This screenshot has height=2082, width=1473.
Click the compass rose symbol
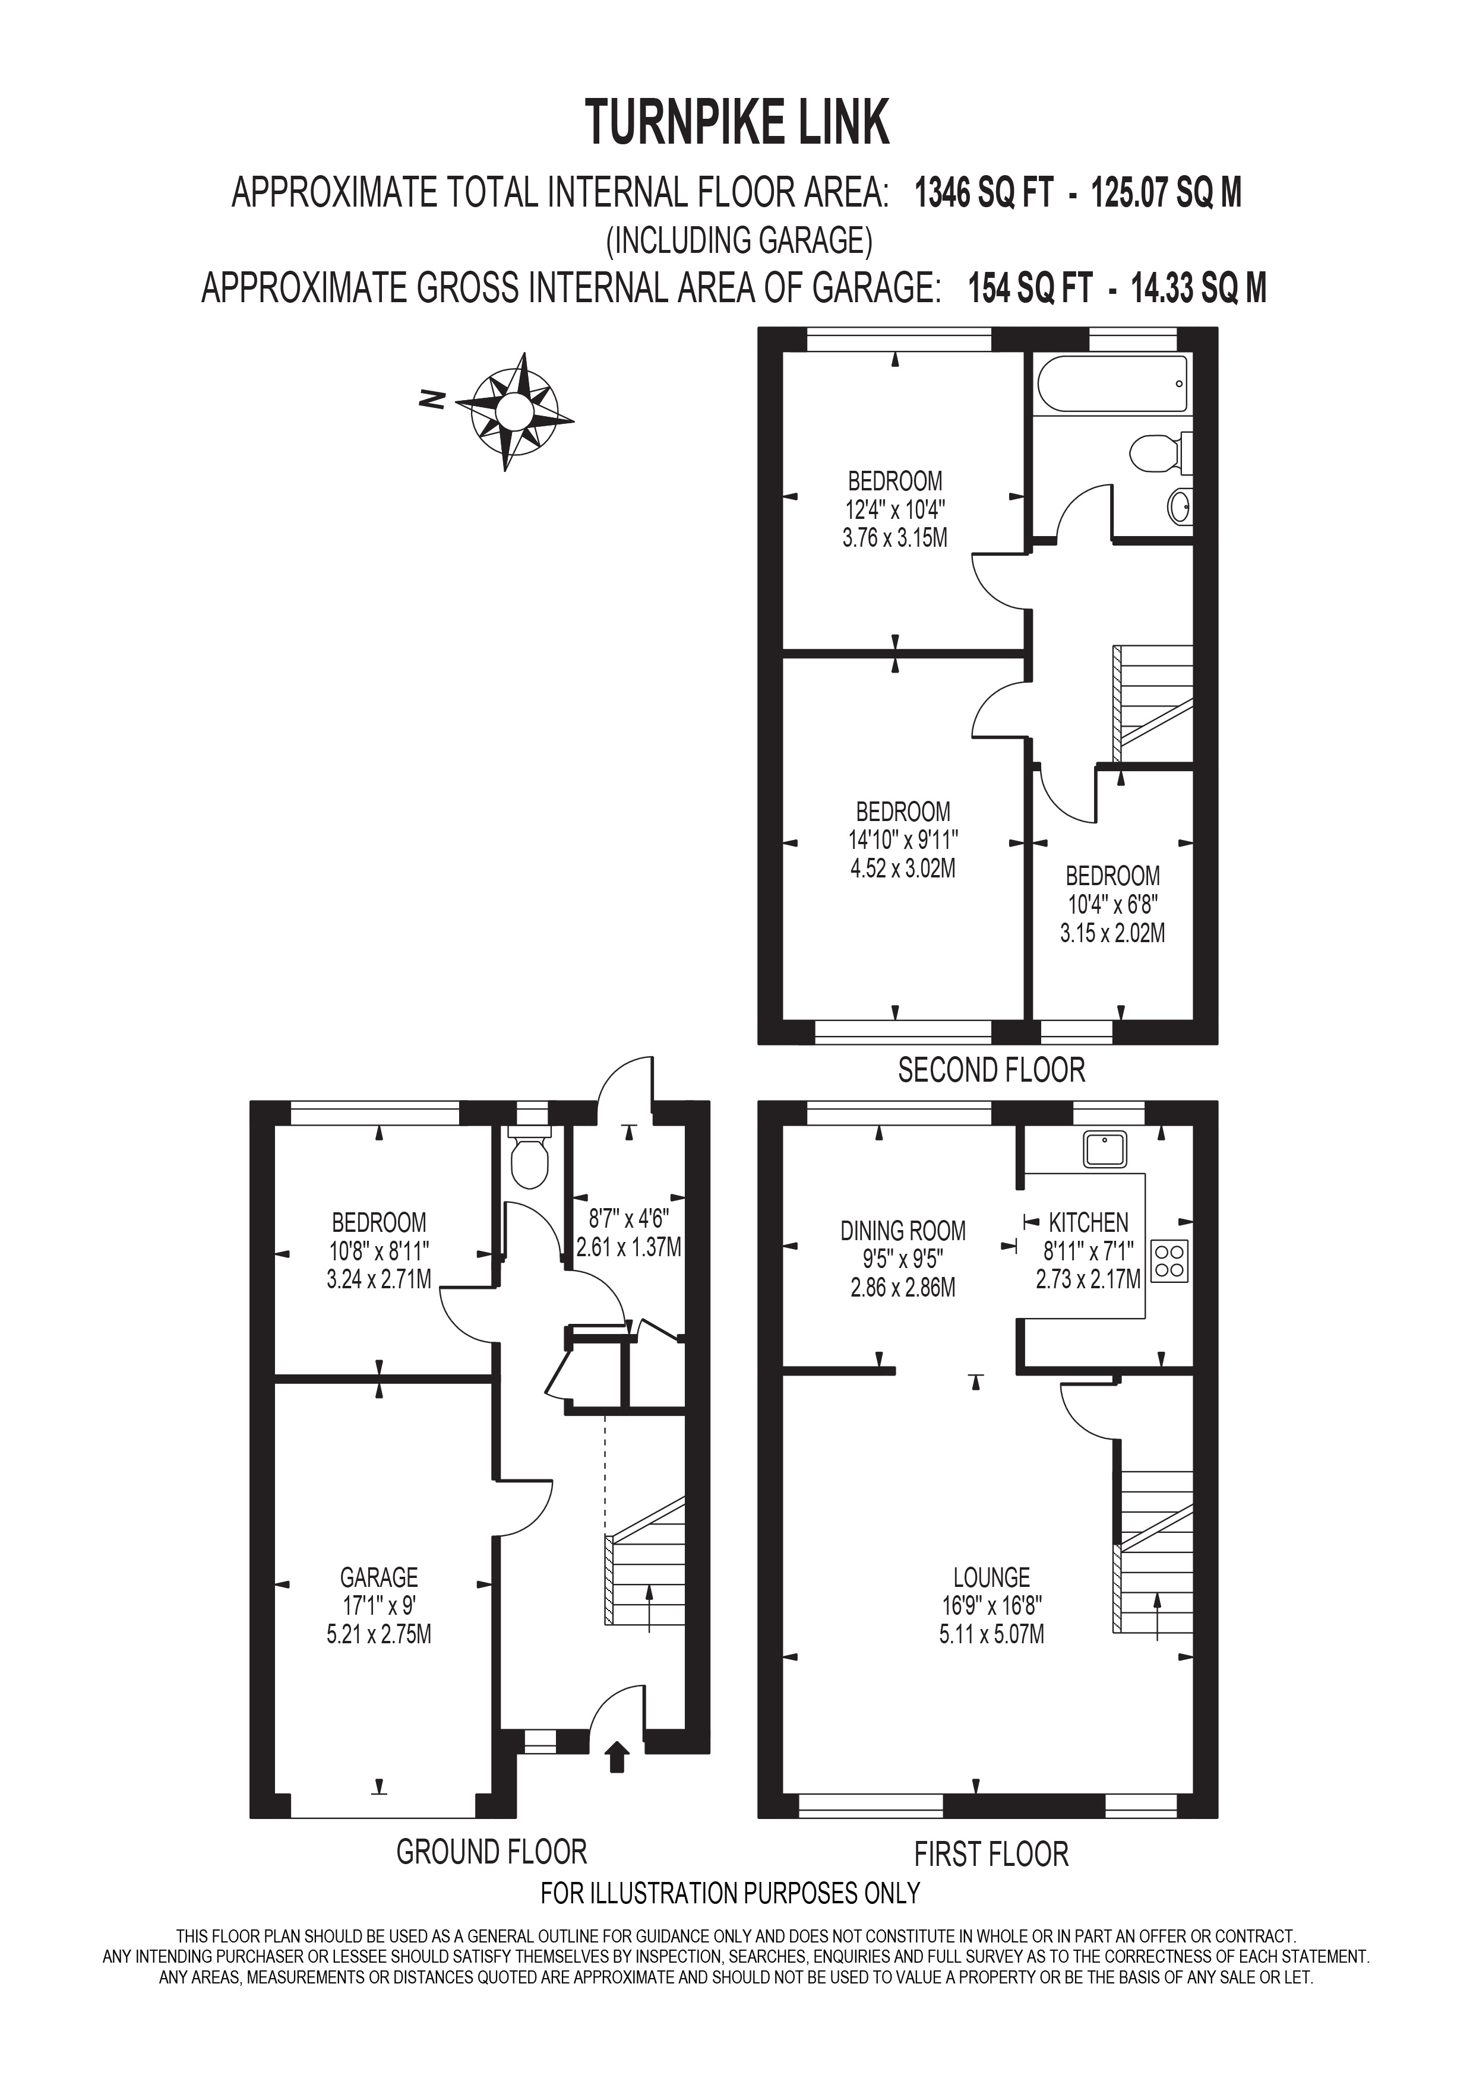[x=513, y=411]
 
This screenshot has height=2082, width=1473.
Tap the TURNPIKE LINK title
[x=736, y=123]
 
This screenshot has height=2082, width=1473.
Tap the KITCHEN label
[x=1089, y=1222]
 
